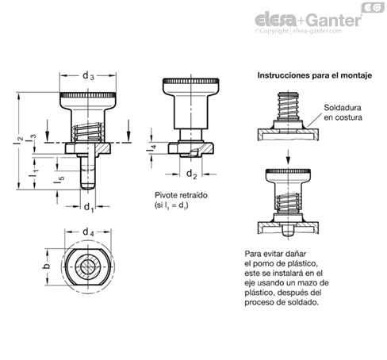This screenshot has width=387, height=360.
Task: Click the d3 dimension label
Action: click(x=88, y=76)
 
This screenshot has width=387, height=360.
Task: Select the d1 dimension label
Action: click(x=89, y=207)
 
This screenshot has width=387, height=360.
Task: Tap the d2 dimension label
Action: click(x=192, y=174)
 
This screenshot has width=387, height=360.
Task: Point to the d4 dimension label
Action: click(x=88, y=232)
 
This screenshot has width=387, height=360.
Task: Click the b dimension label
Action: click(x=46, y=266)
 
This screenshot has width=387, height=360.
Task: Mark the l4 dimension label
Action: click(x=151, y=149)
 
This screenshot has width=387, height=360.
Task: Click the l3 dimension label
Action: click(x=31, y=138)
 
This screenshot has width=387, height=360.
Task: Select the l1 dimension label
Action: click(x=33, y=172)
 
